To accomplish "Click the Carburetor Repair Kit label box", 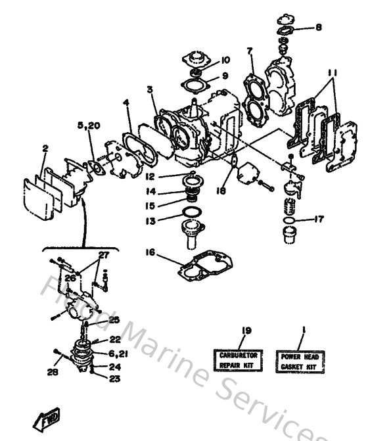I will click(x=238, y=359).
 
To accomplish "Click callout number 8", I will click(x=319, y=28).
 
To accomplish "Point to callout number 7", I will click(x=250, y=51).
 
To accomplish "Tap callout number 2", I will click(x=44, y=149).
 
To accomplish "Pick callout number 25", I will click(x=114, y=320).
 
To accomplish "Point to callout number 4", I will click(x=126, y=103).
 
